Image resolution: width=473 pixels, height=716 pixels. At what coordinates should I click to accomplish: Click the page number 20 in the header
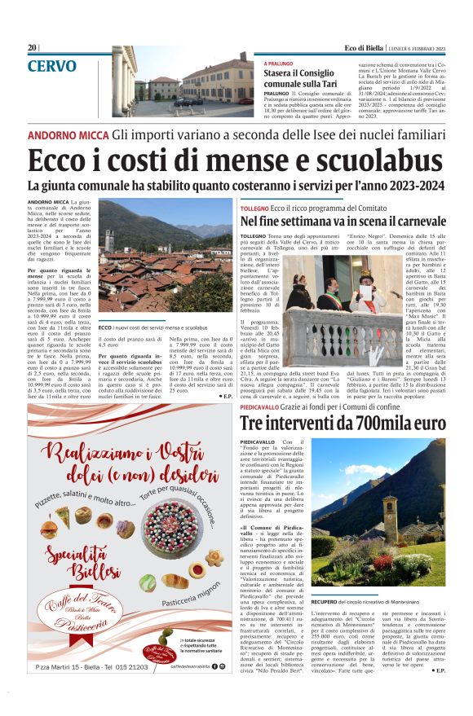tap(32, 48)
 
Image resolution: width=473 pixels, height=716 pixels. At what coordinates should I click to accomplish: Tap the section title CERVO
tap(52, 67)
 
